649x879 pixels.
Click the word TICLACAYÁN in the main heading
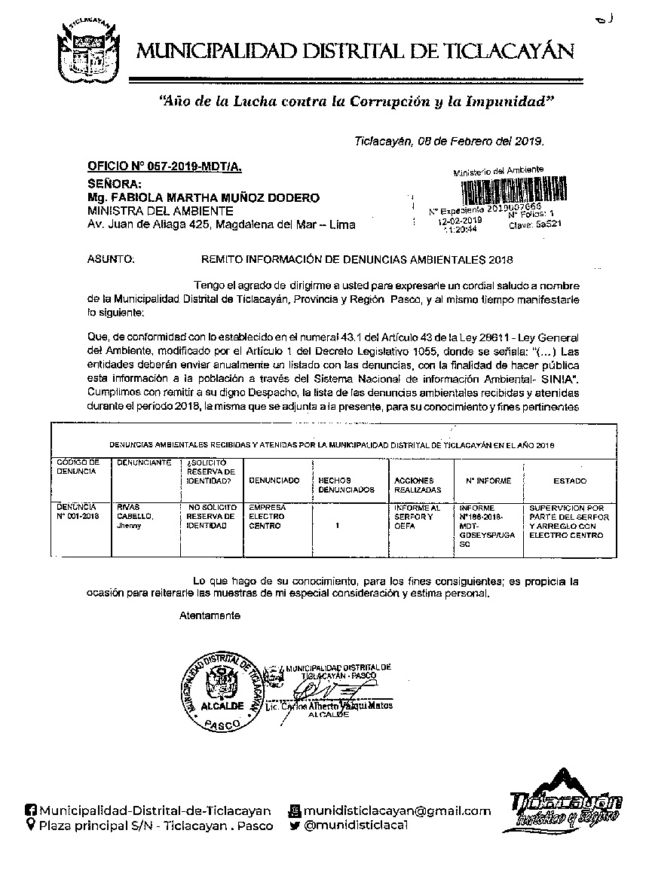point(513,51)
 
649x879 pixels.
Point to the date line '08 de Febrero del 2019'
point(449,141)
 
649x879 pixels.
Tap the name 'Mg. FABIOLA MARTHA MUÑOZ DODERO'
point(203,197)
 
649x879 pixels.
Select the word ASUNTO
point(111,260)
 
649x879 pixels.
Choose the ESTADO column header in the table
point(570,481)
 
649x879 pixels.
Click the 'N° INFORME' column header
point(488,481)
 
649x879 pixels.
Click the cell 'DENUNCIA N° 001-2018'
point(77,512)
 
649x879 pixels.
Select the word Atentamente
point(210,616)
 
